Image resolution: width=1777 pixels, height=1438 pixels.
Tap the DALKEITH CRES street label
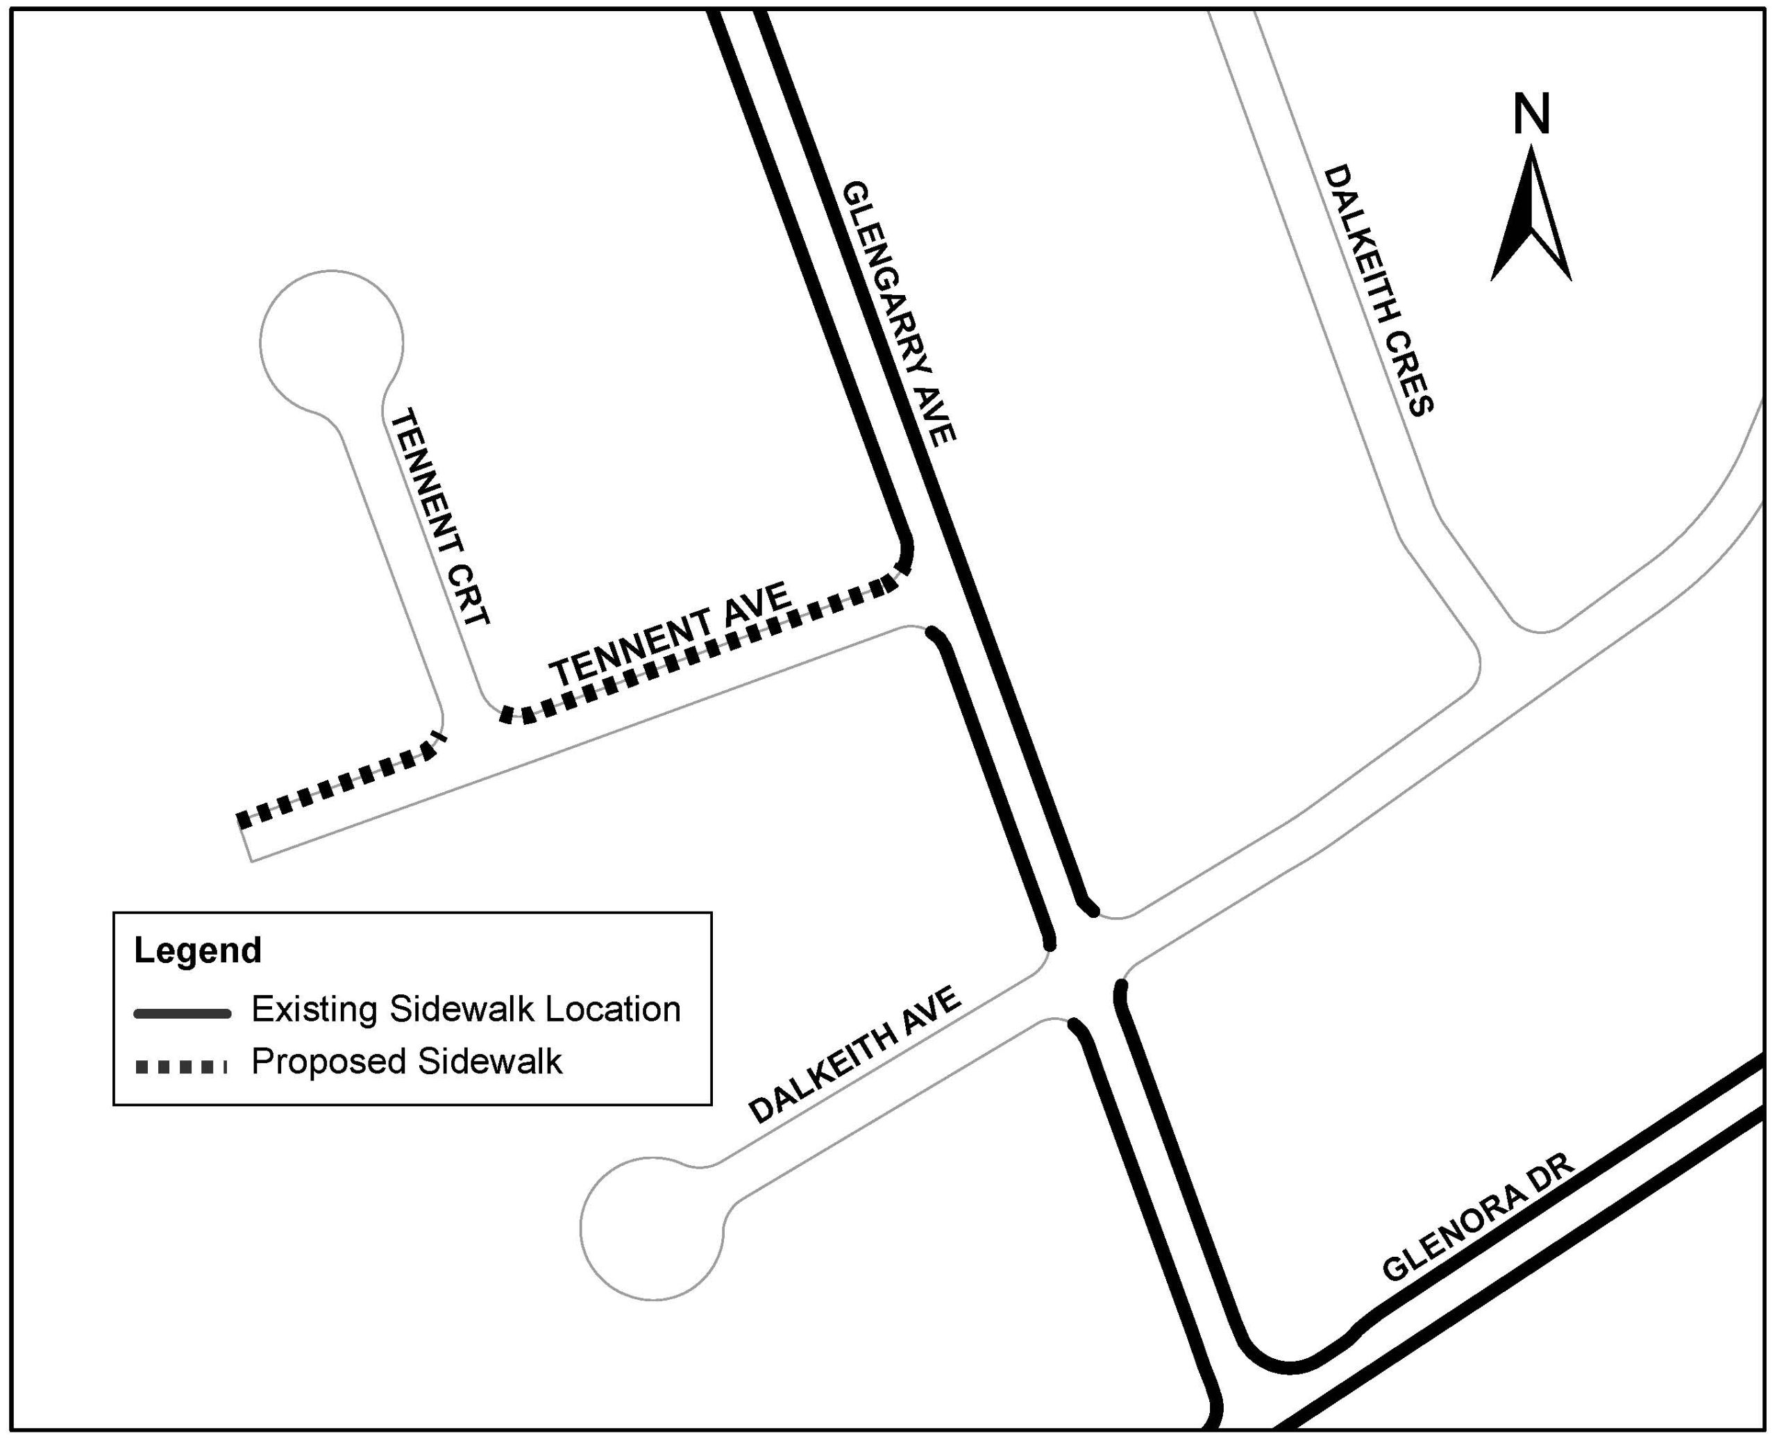click(x=1379, y=290)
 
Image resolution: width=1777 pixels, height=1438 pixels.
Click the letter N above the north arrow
click(x=1531, y=115)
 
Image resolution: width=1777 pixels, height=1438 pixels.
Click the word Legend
click(x=198, y=950)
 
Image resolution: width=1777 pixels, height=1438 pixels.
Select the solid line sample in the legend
click(x=182, y=1013)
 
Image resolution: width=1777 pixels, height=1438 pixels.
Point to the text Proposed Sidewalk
click(x=407, y=1062)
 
